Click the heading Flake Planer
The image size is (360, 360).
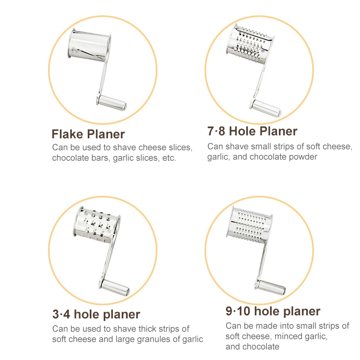point(88,134)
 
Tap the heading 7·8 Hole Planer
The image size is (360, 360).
point(252,131)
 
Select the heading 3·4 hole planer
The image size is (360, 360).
point(96,314)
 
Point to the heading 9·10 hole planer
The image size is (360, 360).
point(273,312)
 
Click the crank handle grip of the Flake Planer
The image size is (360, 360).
point(111,103)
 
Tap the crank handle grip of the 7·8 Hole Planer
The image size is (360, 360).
point(265,108)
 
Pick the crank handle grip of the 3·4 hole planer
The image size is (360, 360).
point(114,288)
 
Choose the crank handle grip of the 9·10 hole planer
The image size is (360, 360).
point(270,287)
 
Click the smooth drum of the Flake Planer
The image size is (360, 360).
point(90,46)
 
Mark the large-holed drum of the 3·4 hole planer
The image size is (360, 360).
point(97,225)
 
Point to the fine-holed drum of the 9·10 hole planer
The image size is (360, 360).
point(249,224)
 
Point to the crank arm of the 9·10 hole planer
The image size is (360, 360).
point(262,261)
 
